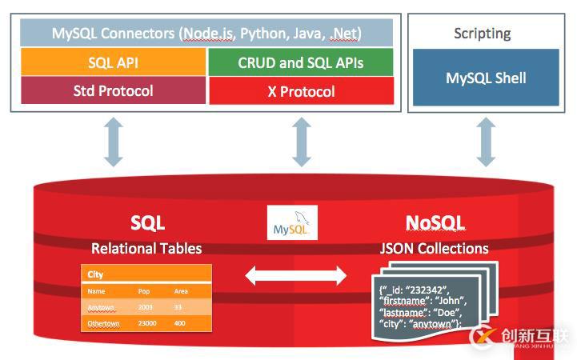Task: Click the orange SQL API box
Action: [x=112, y=62]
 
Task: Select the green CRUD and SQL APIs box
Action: [x=300, y=62]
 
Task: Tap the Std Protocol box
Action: [x=112, y=90]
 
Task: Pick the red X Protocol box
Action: [x=300, y=91]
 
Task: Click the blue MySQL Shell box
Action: [x=486, y=78]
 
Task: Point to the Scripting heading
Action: [x=482, y=34]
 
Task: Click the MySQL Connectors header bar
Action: [x=206, y=34]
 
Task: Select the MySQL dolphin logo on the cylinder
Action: [x=292, y=223]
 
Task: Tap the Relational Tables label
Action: [x=146, y=248]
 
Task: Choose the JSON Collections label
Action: [x=434, y=248]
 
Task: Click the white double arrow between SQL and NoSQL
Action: [x=295, y=277]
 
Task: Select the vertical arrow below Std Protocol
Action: [x=113, y=142]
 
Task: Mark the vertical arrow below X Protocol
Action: [x=301, y=142]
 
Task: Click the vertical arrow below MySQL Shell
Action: [x=486, y=142]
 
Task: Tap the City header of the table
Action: [x=96, y=275]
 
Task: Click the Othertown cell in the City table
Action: [x=102, y=323]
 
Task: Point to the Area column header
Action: [x=181, y=292]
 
